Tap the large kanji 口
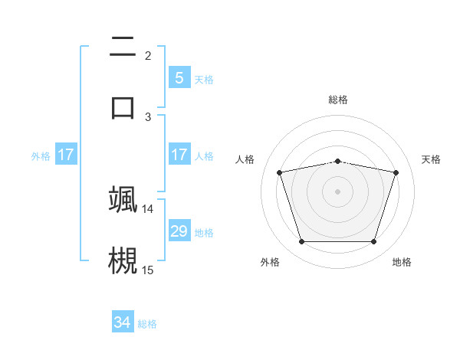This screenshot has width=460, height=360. tap(123, 107)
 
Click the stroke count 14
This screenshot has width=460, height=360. tap(148, 208)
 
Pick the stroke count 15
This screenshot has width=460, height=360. tap(148, 270)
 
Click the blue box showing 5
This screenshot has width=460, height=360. tap(179, 78)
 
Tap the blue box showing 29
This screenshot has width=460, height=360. tap(179, 231)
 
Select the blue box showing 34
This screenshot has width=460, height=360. tap(122, 322)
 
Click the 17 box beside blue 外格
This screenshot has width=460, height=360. tap(66, 155)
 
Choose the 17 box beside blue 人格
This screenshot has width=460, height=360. tap(179, 155)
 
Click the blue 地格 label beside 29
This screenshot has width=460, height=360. tap(204, 232)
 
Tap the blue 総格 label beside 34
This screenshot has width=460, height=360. tap(147, 323)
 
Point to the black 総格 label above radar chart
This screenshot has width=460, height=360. tap(338, 100)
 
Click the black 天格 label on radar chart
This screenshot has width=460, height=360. tap(432, 159)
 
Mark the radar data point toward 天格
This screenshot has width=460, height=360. tap(396, 172)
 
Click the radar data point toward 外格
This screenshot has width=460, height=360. tap(301, 242)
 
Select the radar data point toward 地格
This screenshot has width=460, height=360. tap(373, 242)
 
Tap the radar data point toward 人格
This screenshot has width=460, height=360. tap(280, 172)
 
